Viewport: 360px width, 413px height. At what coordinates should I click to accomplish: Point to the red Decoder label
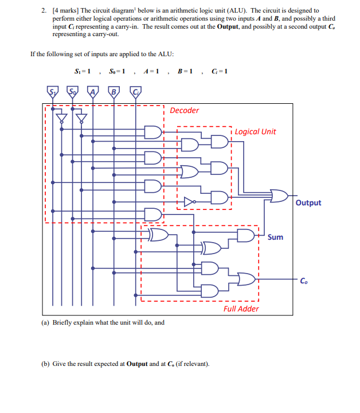(x=185, y=110)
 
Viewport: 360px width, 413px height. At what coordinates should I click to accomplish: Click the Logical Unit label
(x=255, y=131)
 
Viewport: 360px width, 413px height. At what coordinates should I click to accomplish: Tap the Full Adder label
(x=241, y=309)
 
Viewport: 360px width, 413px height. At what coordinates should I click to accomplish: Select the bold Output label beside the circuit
(x=308, y=202)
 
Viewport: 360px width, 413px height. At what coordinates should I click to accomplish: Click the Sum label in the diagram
(x=275, y=237)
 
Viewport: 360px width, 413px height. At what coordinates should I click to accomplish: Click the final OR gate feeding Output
(x=279, y=196)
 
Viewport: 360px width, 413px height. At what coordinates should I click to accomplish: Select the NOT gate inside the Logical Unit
(x=190, y=201)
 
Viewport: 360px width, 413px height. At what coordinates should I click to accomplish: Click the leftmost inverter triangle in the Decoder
(x=61, y=119)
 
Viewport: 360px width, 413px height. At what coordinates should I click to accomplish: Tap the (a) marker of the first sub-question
(x=45, y=322)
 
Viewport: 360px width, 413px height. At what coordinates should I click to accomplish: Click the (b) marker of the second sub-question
(x=45, y=364)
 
